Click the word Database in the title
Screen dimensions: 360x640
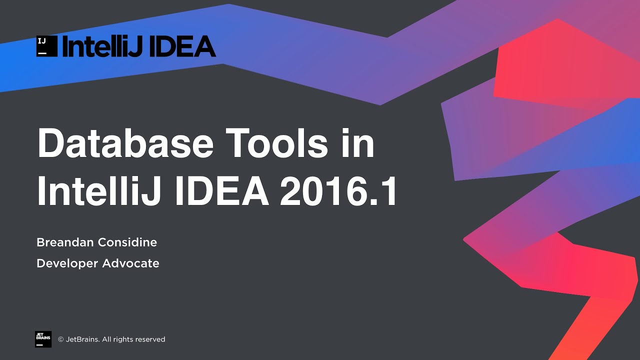point(125,144)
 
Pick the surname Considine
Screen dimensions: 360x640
point(127,242)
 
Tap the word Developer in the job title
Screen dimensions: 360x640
point(67,263)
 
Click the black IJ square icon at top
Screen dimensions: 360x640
point(46,46)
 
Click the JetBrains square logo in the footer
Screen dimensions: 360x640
point(43,339)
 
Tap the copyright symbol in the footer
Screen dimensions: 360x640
point(61,339)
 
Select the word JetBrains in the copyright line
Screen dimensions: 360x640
point(82,339)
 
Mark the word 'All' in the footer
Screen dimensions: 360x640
point(107,339)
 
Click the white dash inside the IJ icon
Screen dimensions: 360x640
point(42,52)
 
